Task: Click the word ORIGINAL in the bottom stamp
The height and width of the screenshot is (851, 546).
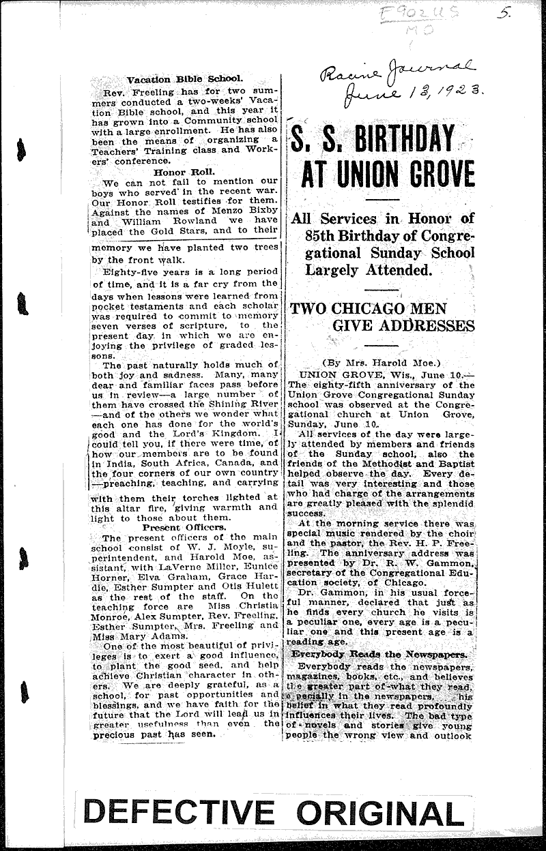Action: [x=379, y=814]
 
